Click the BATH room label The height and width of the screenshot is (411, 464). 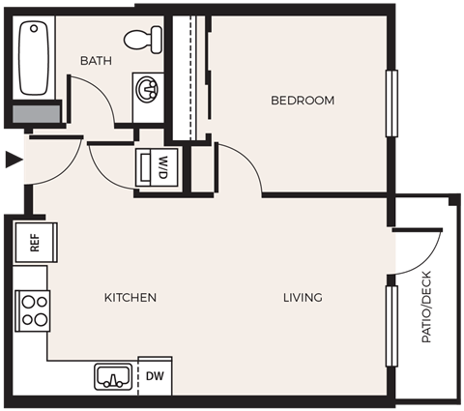(96, 60)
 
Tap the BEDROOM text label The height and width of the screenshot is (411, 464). (302, 100)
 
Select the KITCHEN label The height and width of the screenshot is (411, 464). (130, 297)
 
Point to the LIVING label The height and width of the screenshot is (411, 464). (303, 297)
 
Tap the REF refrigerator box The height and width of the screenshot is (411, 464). (35, 242)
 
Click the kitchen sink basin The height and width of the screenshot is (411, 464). (114, 376)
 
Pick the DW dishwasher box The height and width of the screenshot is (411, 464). (155, 376)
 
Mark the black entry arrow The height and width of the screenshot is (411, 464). (12, 161)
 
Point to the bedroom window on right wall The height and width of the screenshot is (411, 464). (391, 103)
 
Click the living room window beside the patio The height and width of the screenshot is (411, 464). (391, 326)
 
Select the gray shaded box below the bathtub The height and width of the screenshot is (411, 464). (35, 112)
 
